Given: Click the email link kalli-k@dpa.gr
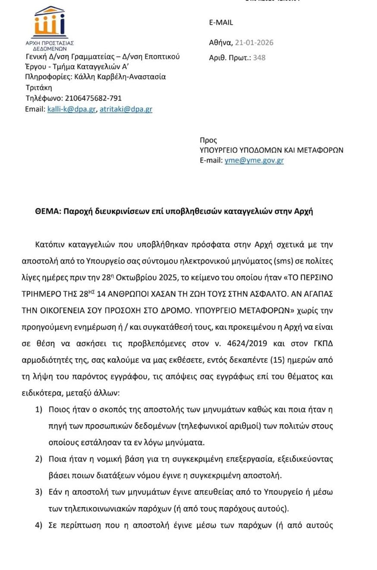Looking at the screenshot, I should coord(71,109).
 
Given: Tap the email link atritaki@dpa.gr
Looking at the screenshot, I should coord(126,109).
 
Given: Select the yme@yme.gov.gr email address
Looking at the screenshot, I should coord(254,160).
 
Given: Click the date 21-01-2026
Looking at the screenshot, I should coord(254,42).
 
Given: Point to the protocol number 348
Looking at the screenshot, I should coord(260,57).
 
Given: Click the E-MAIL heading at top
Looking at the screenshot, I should coord(221,23).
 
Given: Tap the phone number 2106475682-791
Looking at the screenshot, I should coord(93,98).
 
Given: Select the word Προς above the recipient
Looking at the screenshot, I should coord(208,140).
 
